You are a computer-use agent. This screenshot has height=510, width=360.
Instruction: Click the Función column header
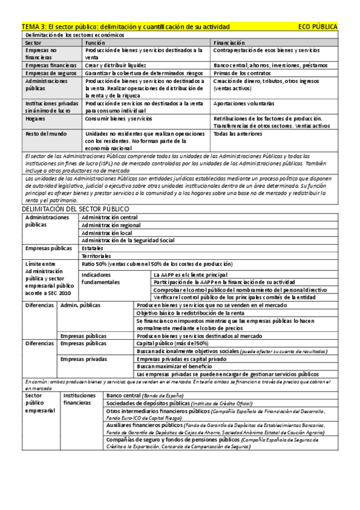(x=96, y=43)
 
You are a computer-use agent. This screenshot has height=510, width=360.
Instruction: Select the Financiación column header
(x=229, y=43)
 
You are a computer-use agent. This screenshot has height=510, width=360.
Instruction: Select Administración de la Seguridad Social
(x=128, y=240)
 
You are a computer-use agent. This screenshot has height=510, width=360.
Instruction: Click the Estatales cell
(x=93, y=248)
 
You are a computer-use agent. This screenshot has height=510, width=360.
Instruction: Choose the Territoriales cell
(x=97, y=256)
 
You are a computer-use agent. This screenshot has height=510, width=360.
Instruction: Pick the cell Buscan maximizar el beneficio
(x=168, y=366)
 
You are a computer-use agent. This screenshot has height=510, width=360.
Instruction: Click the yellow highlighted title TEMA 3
(x=126, y=27)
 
